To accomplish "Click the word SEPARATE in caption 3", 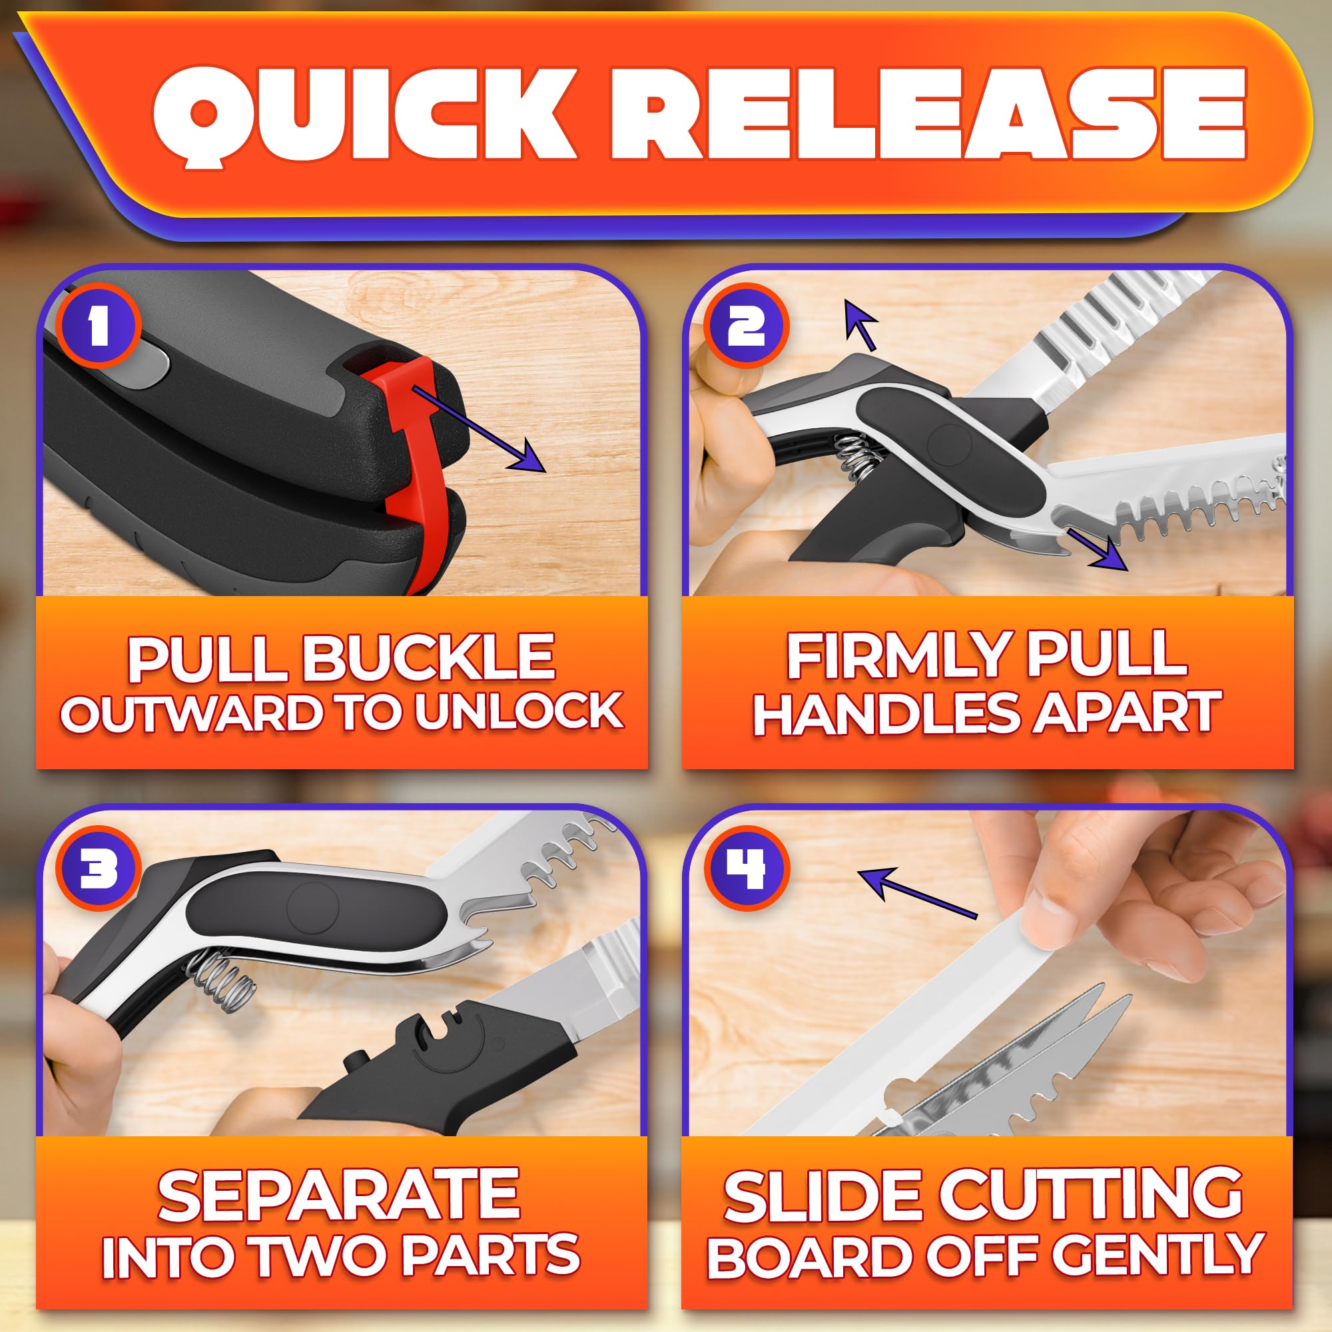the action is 338,1195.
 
